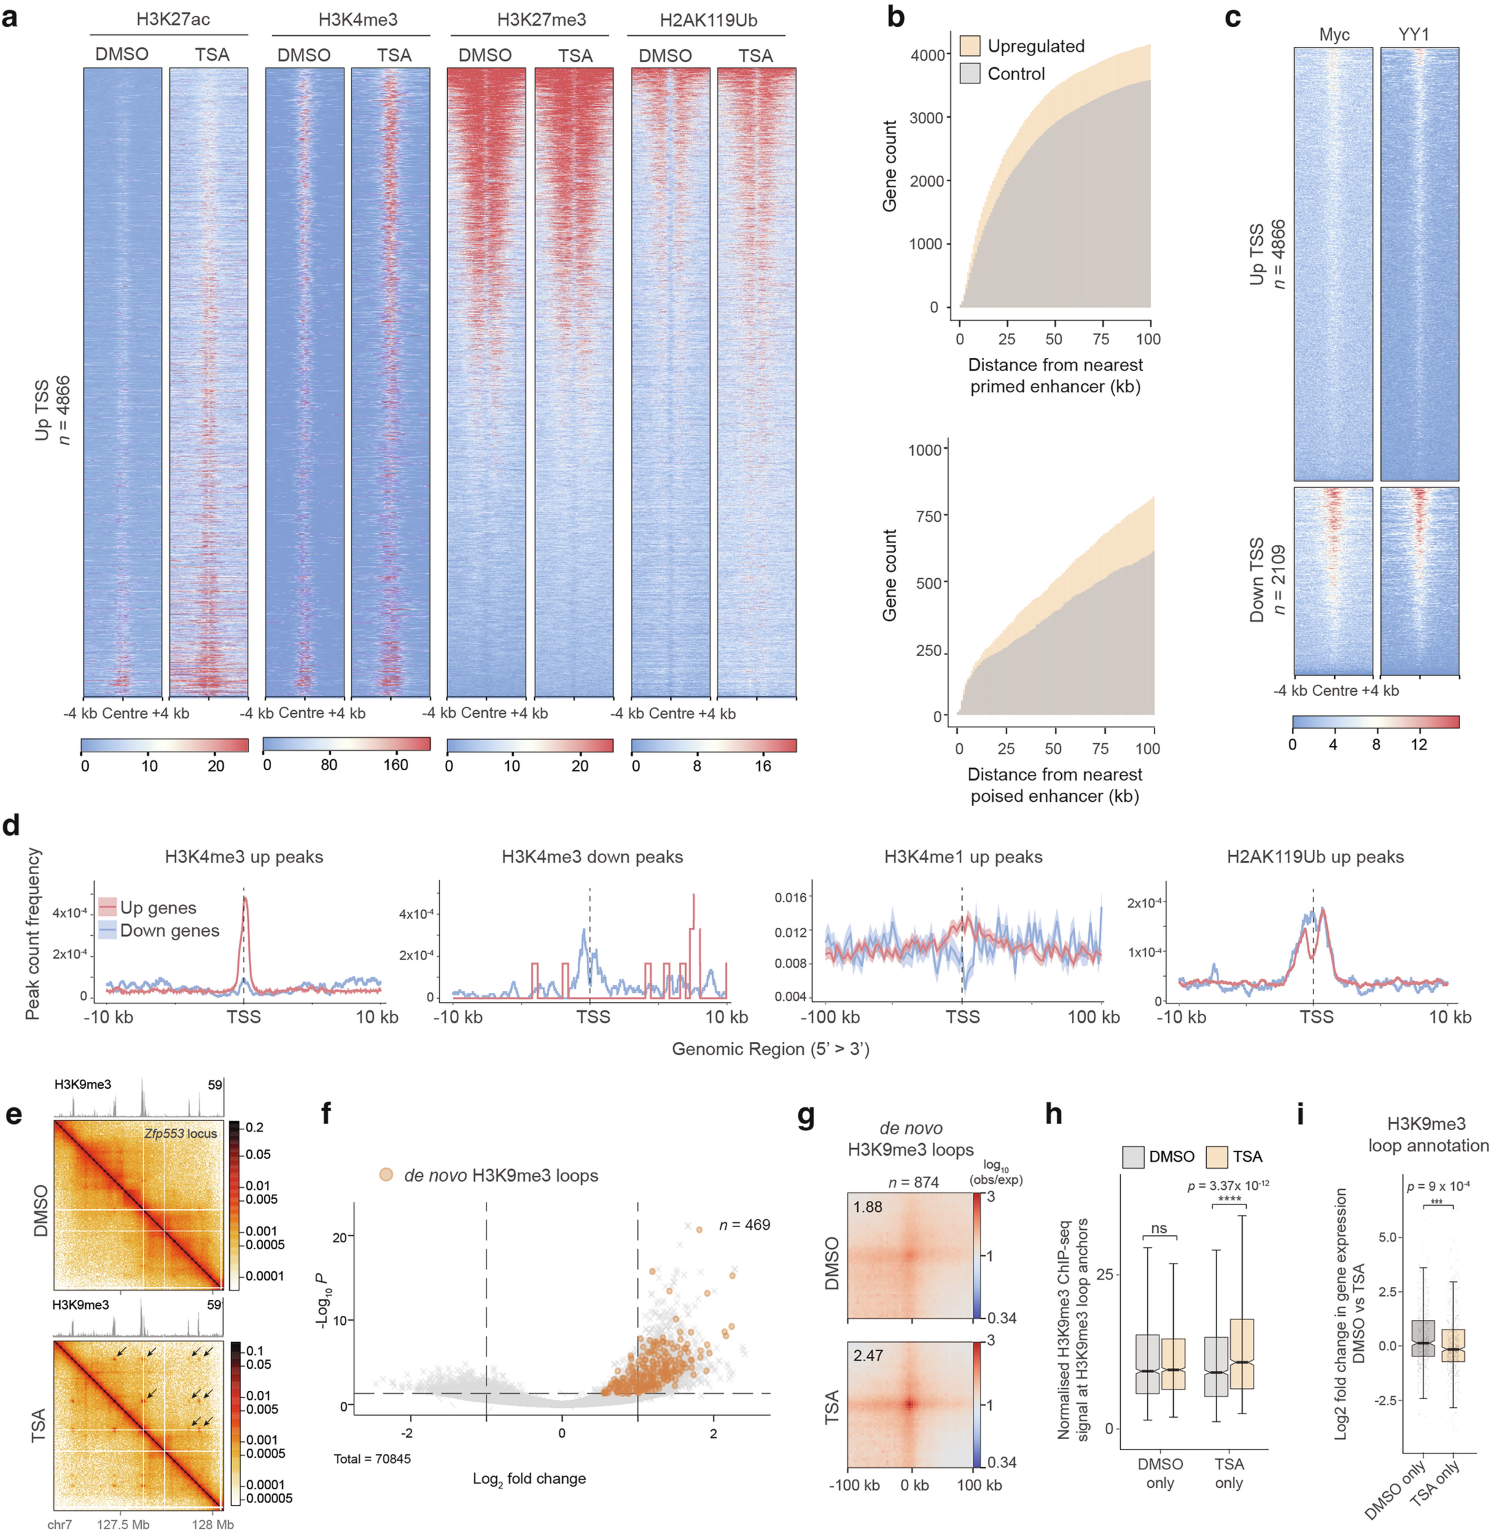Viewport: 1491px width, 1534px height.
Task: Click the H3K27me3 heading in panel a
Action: point(541,20)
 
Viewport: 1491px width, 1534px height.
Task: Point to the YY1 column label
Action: point(1414,34)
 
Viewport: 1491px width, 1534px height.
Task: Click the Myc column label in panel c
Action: point(1334,34)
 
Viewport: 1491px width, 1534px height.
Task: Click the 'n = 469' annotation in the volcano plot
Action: point(744,1225)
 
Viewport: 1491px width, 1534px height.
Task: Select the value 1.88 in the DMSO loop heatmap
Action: point(868,1207)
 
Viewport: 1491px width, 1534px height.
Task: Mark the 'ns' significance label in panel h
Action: point(1159,1229)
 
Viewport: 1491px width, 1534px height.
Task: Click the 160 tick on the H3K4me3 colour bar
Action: point(396,764)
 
